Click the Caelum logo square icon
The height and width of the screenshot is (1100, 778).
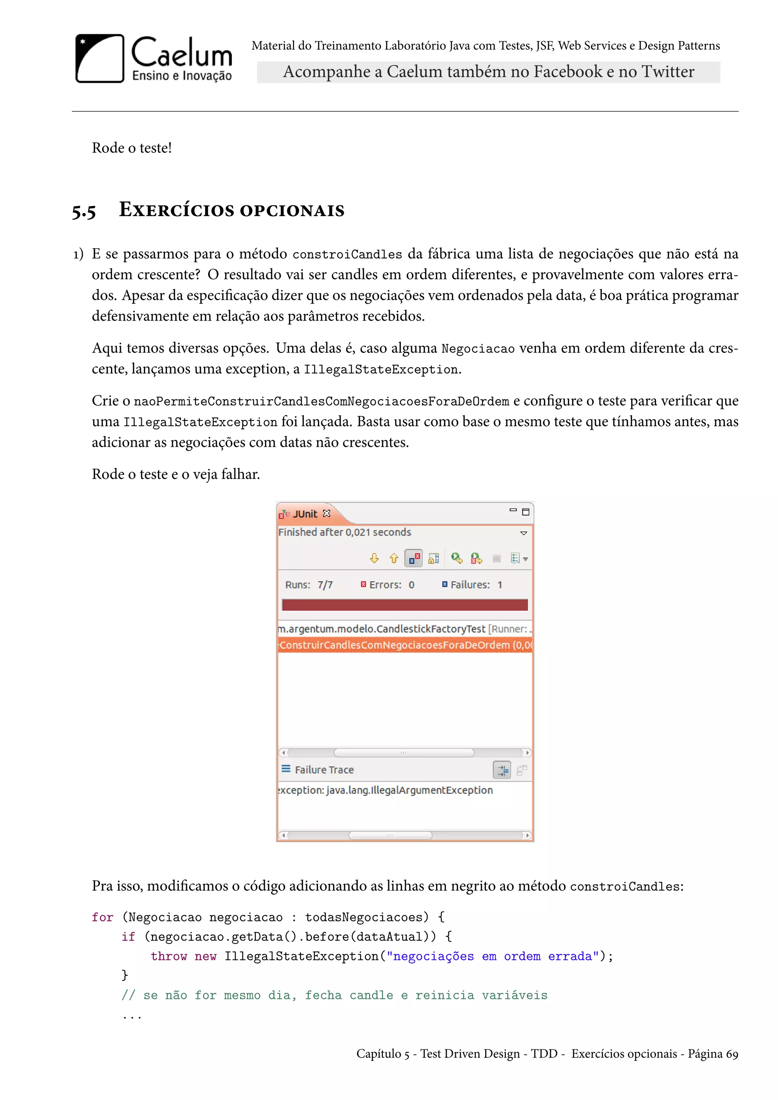100,58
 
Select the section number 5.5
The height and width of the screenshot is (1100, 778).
84,211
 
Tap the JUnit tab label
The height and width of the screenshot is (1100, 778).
305,514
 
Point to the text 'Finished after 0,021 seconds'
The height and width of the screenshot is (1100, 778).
345,532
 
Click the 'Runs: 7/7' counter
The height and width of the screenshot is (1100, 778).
308,585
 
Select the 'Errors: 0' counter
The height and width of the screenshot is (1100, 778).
387,585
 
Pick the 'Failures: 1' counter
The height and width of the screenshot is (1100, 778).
472,585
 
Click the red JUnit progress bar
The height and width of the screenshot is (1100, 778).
405,605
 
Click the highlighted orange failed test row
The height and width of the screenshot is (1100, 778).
405,645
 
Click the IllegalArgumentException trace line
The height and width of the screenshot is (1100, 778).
386,790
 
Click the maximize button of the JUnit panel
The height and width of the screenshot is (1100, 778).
525,512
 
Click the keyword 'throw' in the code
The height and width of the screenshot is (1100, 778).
169,956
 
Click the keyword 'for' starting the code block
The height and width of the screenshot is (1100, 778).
103,917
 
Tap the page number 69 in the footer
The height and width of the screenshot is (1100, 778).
732,1054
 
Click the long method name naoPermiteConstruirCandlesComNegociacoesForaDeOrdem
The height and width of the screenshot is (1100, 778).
321,401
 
